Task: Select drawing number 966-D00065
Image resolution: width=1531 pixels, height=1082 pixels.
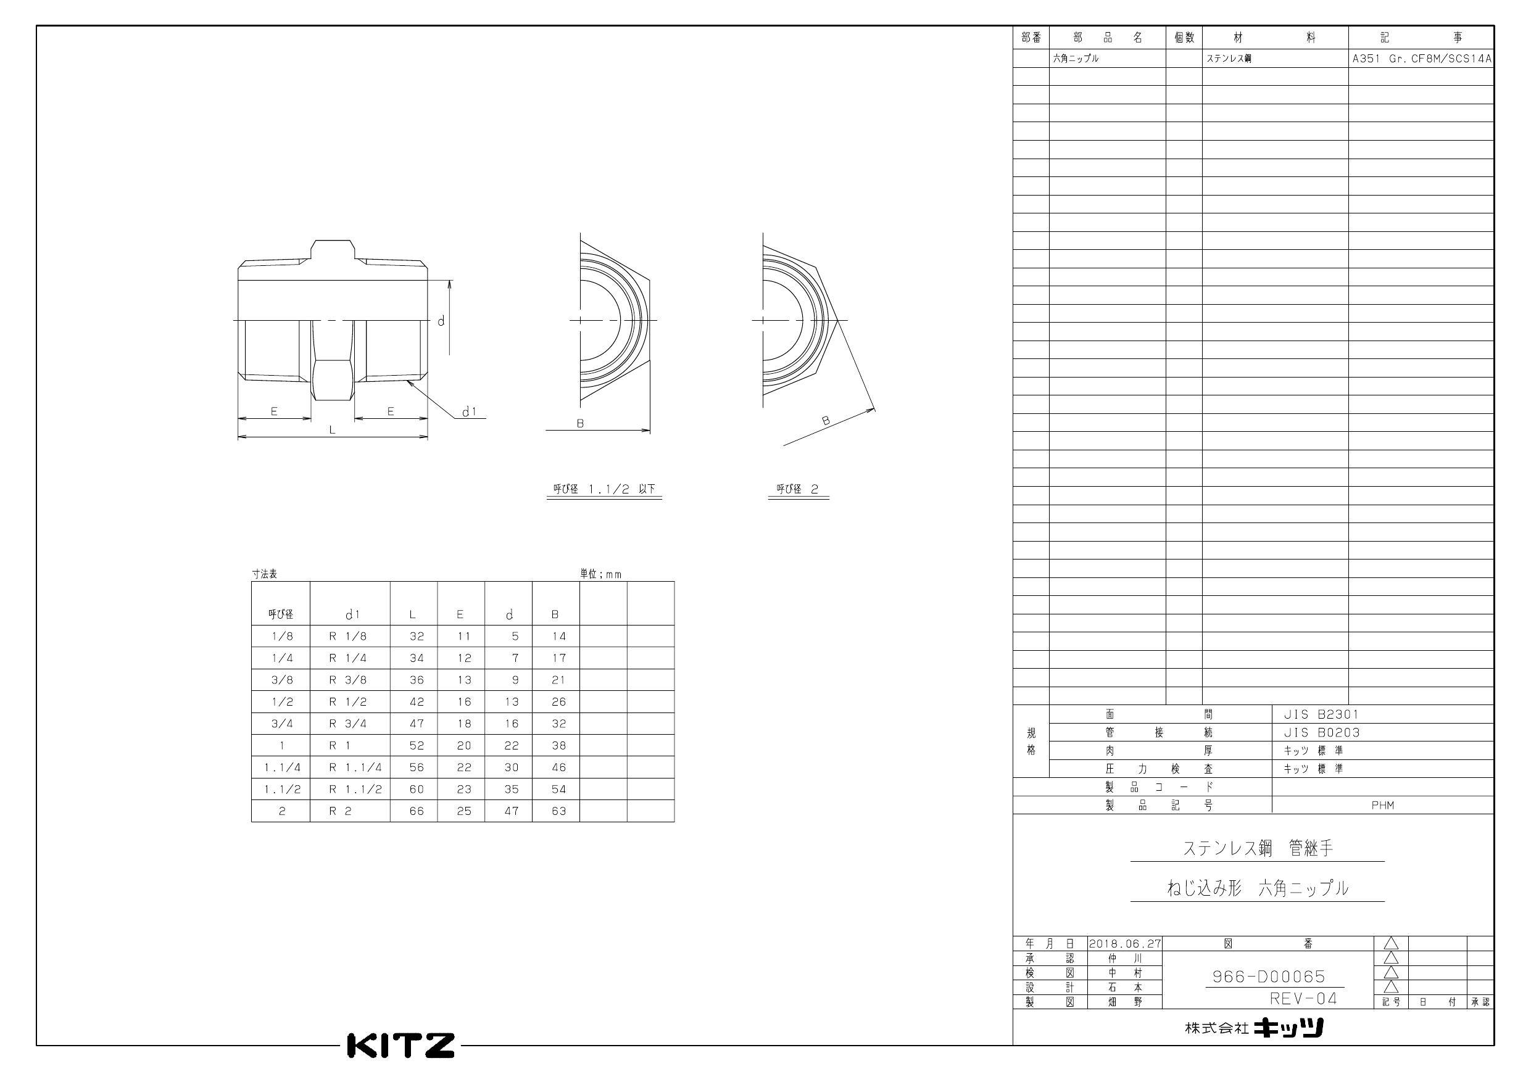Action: (1268, 977)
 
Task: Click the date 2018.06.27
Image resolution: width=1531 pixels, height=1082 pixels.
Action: (1125, 943)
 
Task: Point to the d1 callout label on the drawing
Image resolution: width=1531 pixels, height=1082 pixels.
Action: (470, 411)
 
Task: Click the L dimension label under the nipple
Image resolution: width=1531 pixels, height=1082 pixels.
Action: (332, 430)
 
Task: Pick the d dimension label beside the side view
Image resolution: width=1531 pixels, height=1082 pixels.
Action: (441, 321)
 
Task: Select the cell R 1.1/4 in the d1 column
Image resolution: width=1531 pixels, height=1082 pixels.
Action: (355, 767)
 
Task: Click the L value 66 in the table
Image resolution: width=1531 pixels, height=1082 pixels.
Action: (416, 811)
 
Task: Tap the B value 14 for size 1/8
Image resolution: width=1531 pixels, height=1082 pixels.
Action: (559, 636)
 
